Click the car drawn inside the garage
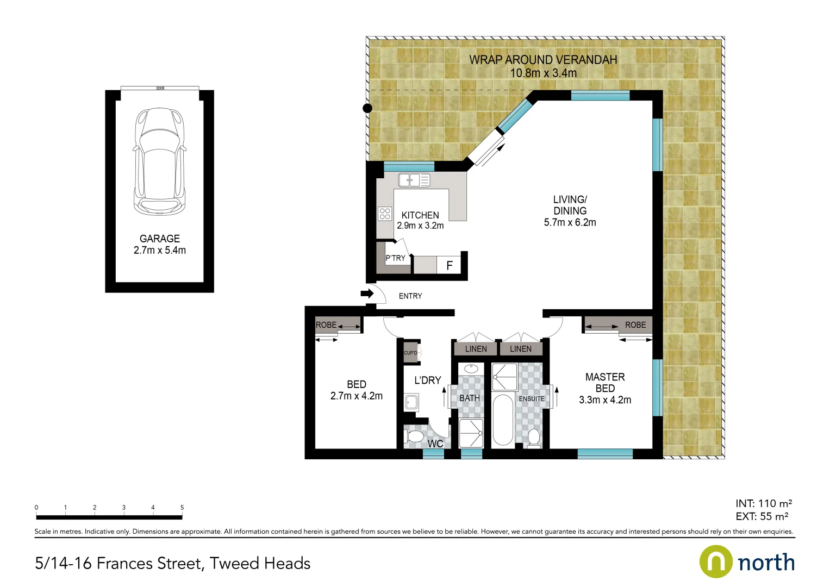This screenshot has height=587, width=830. pyautogui.click(x=159, y=161)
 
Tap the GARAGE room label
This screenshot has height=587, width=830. pyautogui.click(x=159, y=239)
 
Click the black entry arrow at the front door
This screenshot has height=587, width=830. pyautogui.click(x=367, y=294)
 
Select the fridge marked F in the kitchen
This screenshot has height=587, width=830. pyautogui.click(x=450, y=265)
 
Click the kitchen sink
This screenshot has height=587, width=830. pyautogui.click(x=414, y=180)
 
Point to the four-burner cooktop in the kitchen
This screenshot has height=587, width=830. pyautogui.click(x=385, y=213)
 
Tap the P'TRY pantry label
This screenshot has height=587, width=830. pyautogui.click(x=395, y=258)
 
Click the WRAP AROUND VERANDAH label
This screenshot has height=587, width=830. pyautogui.click(x=543, y=60)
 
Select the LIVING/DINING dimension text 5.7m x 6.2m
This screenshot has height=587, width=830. pyautogui.click(x=570, y=222)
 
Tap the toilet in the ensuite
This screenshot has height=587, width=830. pyautogui.click(x=534, y=438)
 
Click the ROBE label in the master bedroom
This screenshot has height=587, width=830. pyautogui.click(x=635, y=325)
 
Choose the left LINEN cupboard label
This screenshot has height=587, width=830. pyautogui.click(x=476, y=349)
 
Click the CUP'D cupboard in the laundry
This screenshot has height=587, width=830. pyautogui.click(x=410, y=353)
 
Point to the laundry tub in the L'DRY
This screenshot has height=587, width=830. pyautogui.click(x=411, y=402)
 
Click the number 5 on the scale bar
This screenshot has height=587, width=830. pyautogui.click(x=182, y=508)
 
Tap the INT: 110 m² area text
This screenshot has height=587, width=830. pyautogui.click(x=763, y=503)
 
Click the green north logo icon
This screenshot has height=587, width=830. pyautogui.click(x=716, y=562)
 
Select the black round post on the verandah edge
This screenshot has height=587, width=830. pyautogui.click(x=367, y=108)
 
